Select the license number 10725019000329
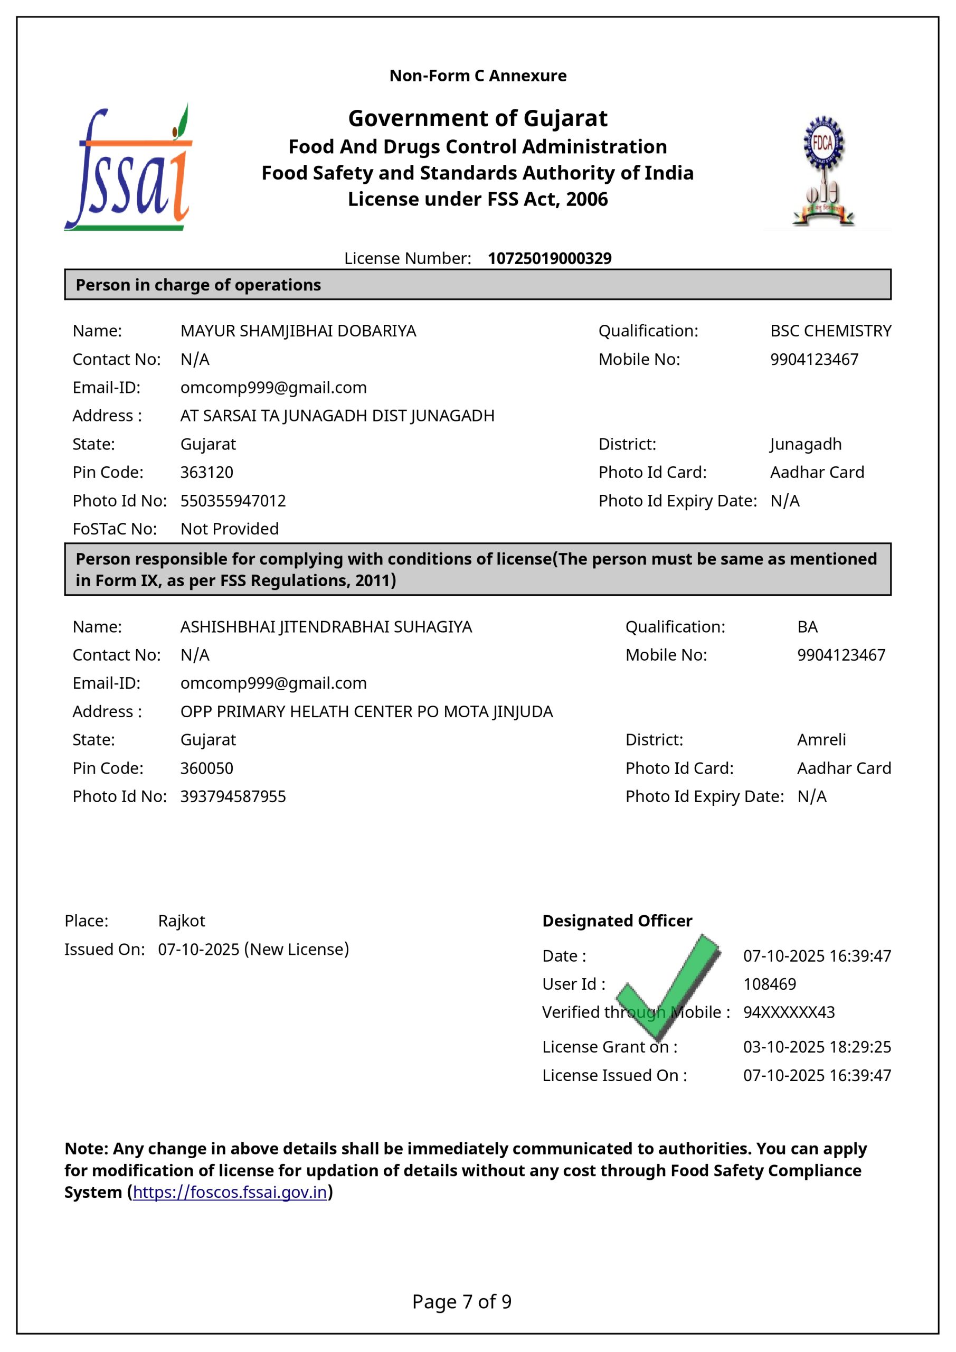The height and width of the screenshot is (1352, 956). pos(549,258)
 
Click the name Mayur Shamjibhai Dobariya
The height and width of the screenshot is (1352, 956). pos(298,331)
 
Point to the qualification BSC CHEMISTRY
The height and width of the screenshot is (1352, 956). pos(830,331)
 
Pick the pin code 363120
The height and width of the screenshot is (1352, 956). pos(206,472)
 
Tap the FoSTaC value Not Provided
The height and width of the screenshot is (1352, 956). pos(230,529)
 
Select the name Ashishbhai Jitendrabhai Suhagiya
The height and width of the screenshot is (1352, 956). pos(326,626)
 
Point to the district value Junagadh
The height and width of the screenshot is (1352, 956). pos(806,444)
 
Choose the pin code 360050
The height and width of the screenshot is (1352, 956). pos(206,768)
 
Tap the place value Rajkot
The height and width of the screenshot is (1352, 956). pos(181,921)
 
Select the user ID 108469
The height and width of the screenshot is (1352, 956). pos(769,984)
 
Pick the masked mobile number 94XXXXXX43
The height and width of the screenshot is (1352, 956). pos(789,1012)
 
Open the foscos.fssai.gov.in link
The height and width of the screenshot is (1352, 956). pos(230,1192)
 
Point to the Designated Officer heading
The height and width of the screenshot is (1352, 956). pos(617,921)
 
